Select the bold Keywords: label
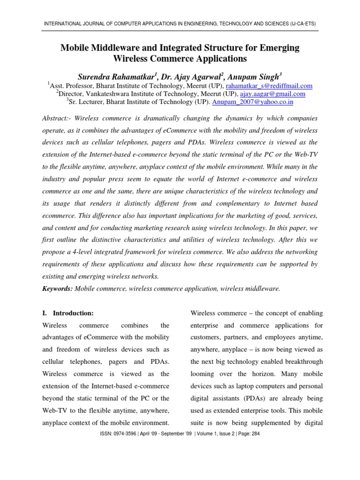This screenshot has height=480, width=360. (x=57, y=289)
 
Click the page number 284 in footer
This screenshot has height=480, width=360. (x=254, y=434)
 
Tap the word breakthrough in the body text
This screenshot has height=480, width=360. (x=300, y=361)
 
